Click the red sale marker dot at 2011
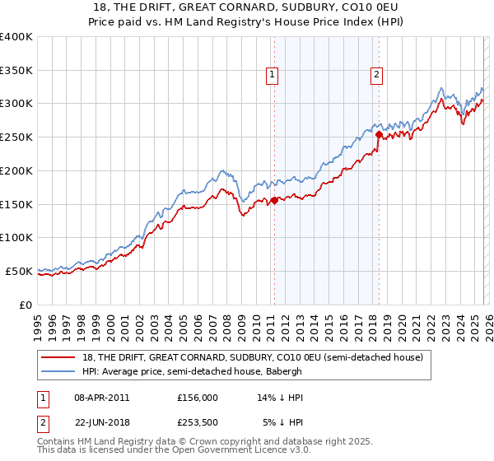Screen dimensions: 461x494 274,199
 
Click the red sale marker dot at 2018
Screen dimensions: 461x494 379,134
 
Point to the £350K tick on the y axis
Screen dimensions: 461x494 16,71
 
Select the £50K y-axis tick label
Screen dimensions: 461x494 19,271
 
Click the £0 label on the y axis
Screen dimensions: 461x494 26,305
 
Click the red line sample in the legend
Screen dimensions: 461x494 59,357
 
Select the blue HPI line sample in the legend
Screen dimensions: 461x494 59,371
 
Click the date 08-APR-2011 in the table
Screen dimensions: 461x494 101,397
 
